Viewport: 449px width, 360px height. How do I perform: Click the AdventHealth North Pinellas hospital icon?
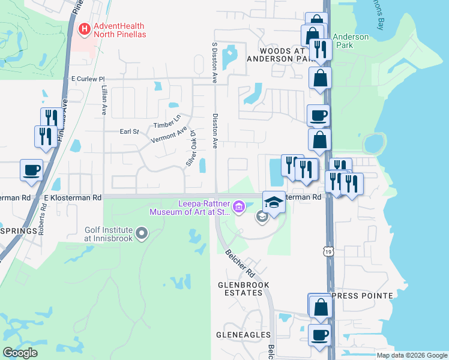click(85, 28)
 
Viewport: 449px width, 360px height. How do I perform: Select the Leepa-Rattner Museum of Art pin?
click(239, 207)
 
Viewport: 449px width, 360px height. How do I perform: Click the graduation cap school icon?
click(273, 202)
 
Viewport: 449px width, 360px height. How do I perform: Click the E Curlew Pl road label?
click(88, 79)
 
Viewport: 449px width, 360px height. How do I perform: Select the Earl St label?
click(129, 131)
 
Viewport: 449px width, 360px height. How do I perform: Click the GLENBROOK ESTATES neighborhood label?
click(241, 289)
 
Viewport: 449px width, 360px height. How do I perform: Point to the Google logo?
click(20, 353)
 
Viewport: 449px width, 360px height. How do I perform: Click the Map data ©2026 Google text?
click(412, 355)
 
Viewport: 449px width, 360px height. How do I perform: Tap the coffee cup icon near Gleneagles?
click(319, 335)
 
